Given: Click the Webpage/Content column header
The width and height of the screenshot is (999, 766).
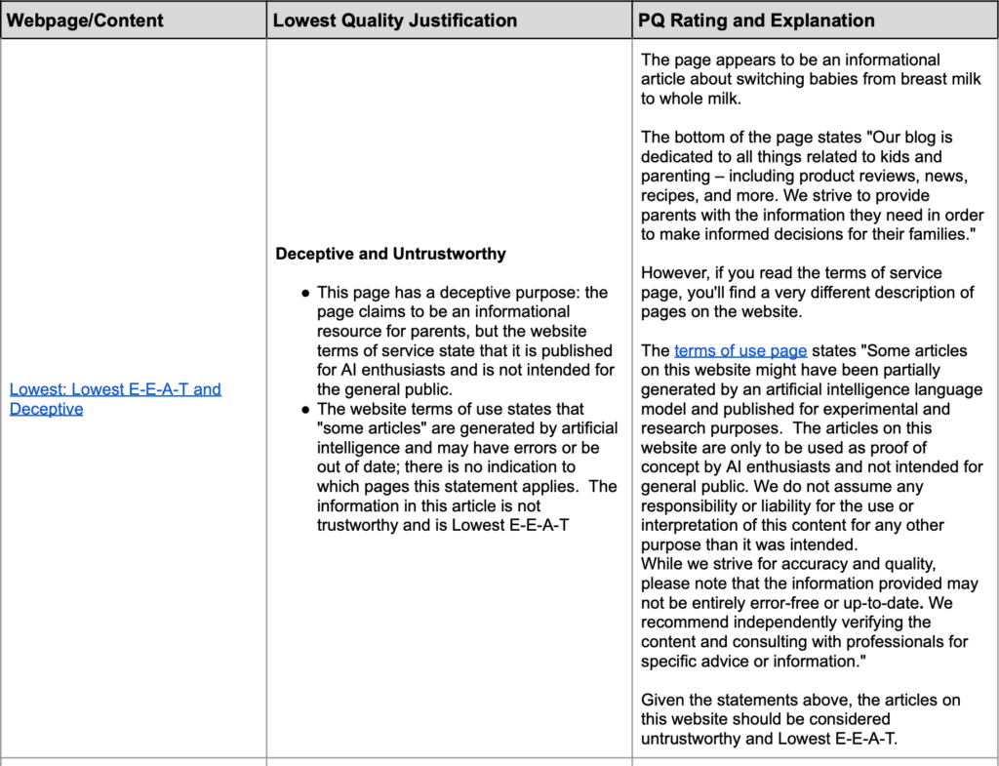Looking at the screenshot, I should (86, 20).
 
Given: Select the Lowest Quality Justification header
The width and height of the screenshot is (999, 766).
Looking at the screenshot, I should (395, 20).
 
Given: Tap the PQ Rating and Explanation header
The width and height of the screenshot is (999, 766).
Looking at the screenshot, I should (757, 20).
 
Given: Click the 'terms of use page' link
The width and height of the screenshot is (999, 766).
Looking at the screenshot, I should (740, 350).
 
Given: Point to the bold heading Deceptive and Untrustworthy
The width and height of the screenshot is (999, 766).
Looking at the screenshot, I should (390, 254).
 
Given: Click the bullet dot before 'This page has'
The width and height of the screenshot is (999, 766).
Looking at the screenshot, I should (305, 293).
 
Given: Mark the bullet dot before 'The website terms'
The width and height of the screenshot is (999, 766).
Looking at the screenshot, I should (305, 410).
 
